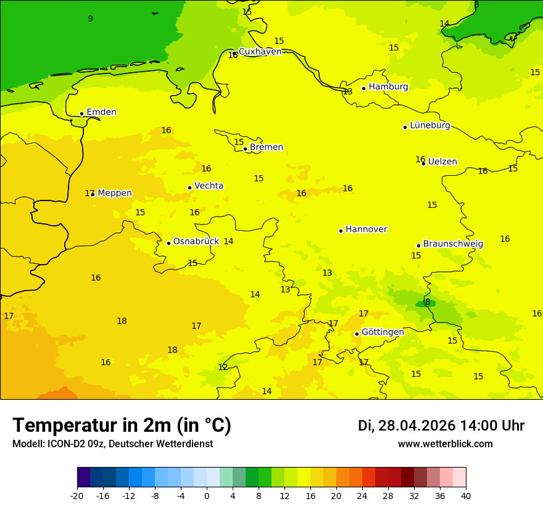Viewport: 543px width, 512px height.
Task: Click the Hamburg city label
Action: (388, 87)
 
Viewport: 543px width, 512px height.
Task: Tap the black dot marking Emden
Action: (81, 114)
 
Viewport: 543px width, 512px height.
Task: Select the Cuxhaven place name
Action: (260, 52)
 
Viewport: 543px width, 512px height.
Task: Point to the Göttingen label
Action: (383, 332)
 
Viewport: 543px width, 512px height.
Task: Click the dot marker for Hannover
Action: (341, 231)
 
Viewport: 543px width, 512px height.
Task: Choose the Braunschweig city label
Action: (453, 244)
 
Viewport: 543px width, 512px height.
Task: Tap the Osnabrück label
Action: (196, 242)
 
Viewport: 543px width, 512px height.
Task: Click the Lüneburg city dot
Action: (405, 127)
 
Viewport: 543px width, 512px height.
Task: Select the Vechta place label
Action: (209, 186)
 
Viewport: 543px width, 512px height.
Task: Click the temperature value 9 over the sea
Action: (90, 19)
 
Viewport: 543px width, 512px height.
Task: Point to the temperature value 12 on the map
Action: (223, 368)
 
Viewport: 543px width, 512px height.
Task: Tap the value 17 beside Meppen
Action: (89, 194)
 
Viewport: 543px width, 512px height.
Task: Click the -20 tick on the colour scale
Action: (77, 496)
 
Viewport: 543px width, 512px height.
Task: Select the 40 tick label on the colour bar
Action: (466, 496)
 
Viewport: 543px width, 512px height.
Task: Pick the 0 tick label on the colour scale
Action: (207, 496)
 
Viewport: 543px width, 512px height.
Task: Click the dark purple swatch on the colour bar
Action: (83, 477)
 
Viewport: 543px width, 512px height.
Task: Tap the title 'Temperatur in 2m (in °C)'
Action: (122, 426)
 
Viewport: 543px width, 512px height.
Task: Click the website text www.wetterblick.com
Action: (445, 444)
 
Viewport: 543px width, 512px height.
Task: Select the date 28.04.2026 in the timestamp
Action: (417, 426)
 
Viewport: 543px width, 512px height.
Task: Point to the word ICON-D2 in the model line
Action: (63, 444)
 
